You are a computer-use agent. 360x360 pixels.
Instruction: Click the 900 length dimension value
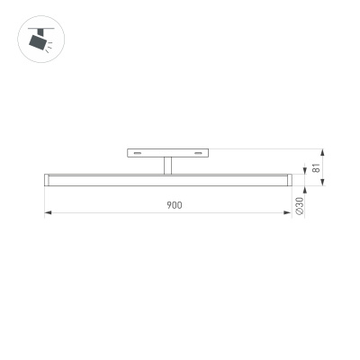(x=175, y=205)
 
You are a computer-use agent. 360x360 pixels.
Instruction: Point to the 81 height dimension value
(x=316, y=167)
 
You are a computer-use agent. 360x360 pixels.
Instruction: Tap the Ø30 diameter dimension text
(x=300, y=205)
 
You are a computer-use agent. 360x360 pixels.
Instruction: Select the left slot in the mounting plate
(x=138, y=153)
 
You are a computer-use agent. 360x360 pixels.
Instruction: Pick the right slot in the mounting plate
(x=198, y=153)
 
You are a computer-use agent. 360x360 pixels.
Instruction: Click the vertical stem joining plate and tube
(x=167, y=166)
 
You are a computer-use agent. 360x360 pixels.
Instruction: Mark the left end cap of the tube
(x=47, y=180)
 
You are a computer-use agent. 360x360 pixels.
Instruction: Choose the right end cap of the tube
(x=289, y=180)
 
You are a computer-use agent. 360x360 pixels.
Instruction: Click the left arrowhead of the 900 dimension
(x=48, y=212)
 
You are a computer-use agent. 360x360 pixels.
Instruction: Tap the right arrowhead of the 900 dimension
(x=288, y=212)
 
